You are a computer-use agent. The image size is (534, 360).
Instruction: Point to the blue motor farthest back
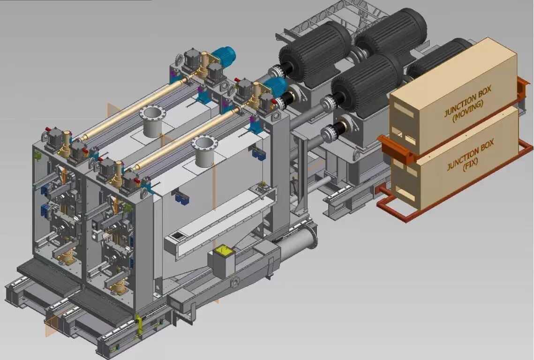pos(223,56)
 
